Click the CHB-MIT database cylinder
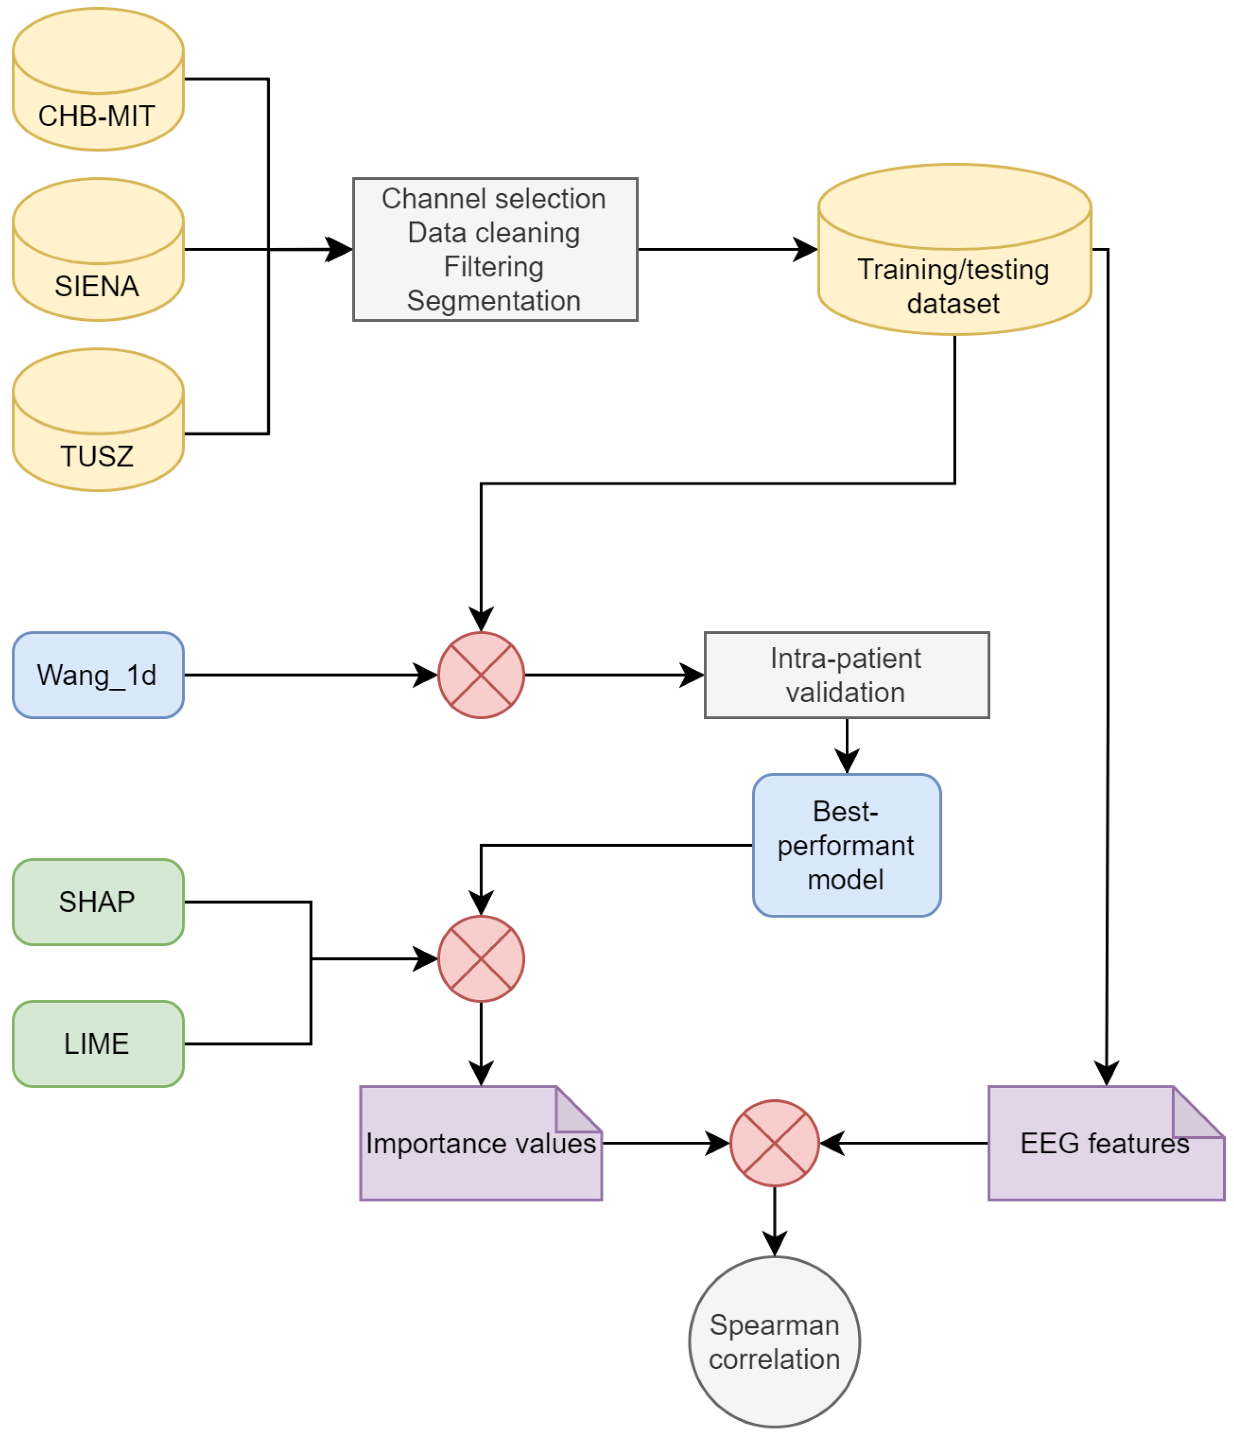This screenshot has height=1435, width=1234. (98, 79)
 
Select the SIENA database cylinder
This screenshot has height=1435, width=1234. (98, 249)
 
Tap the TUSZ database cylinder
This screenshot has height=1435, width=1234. (98, 420)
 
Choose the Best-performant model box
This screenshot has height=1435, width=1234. (846, 845)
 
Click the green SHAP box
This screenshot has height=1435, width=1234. (98, 901)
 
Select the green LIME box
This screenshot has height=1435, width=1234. (98, 1043)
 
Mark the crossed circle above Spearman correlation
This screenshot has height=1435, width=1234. (774, 1143)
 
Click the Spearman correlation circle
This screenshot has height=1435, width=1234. (774, 1342)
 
